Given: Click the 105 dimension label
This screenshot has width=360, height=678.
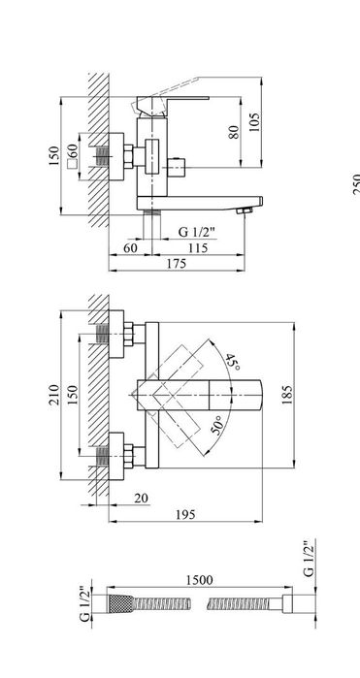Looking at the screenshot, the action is (x=254, y=122).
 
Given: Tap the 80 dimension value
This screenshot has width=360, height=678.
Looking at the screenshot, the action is (x=233, y=132).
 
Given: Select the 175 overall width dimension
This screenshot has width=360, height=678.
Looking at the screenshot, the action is (x=177, y=263).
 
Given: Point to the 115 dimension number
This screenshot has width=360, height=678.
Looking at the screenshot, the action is (x=197, y=247).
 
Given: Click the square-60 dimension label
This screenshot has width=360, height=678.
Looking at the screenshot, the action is (x=73, y=155).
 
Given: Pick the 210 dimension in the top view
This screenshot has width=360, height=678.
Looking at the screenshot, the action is (x=54, y=394).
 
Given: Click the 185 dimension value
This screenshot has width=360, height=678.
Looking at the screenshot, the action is (x=286, y=395).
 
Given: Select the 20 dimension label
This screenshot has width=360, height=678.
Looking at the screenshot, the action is (x=141, y=499).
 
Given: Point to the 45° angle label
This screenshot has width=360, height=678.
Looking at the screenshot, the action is (x=232, y=362).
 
